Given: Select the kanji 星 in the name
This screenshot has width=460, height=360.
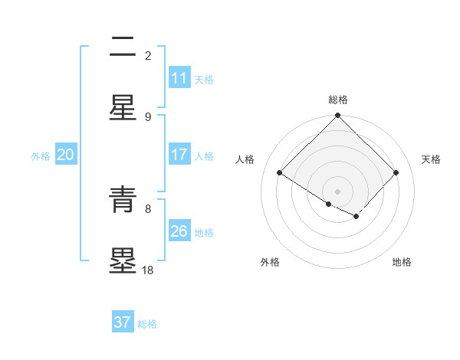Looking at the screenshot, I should [123, 108].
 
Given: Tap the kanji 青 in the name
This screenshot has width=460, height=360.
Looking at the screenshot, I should [123, 200].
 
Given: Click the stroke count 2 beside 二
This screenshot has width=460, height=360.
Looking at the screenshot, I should [148, 55].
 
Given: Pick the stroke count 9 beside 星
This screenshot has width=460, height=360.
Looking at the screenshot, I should [148, 116].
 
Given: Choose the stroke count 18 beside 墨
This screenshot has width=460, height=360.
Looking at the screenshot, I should [148, 270].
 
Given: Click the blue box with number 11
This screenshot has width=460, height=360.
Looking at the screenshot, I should [179, 78].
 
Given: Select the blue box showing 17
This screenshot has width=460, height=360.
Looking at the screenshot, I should [179, 155].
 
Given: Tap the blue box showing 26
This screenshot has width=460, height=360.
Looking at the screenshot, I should [179, 231].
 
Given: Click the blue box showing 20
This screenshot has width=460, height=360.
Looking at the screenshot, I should [66, 155].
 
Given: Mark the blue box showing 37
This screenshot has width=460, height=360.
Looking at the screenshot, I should [123, 322].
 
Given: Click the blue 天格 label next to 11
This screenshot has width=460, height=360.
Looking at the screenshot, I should [204, 79].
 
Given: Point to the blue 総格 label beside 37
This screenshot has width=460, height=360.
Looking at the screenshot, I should [147, 323].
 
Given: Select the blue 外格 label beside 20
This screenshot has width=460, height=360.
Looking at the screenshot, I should [41, 155].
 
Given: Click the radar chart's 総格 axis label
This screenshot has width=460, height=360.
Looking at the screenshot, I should [338, 100].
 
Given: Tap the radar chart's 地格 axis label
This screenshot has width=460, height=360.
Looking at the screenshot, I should [402, 262].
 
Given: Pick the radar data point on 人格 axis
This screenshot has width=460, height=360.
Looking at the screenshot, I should [280, 173].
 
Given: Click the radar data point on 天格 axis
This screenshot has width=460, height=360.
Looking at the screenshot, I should [396, 173].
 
